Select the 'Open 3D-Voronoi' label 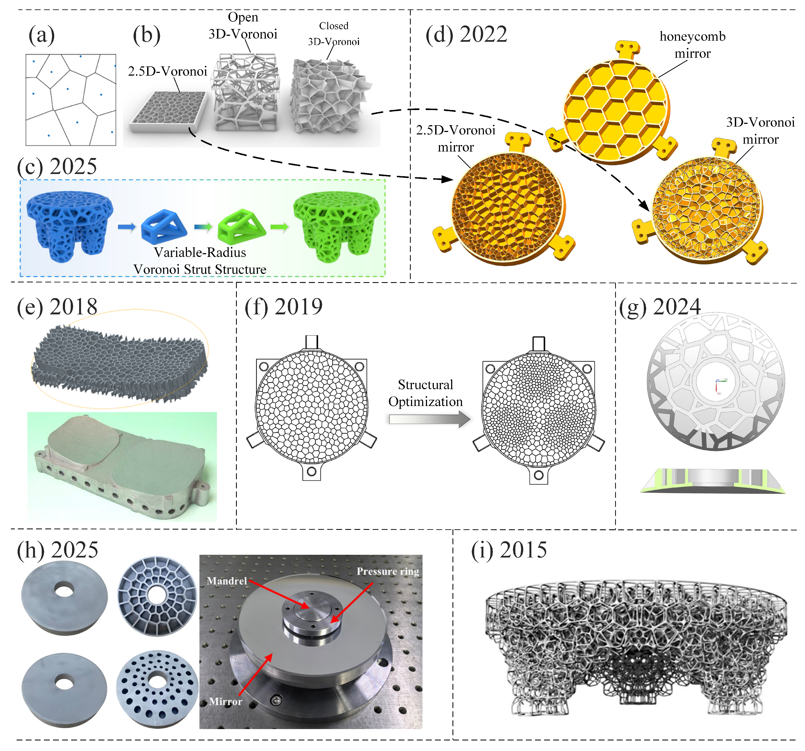(x=243, y=25)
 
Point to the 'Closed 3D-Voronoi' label (x=334, y=34)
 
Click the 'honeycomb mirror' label (x=693, y=44)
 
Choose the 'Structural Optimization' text (x=426, y=393)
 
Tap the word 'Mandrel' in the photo (x=227, y=581)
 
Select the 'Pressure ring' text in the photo (x=387, y=572)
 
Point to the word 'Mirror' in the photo (x=225, y=701)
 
